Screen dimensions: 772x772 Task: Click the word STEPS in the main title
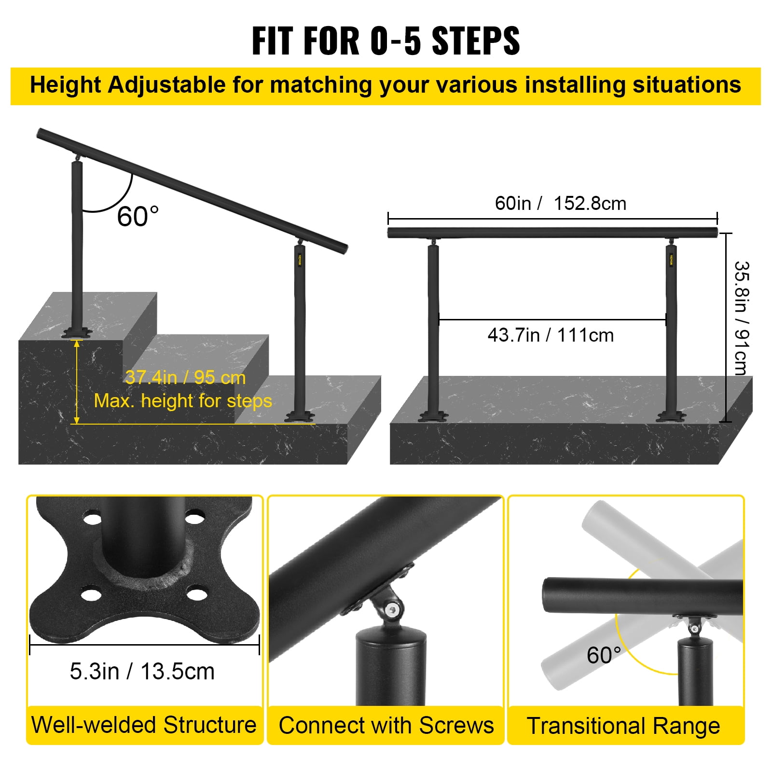(x=475, y=41)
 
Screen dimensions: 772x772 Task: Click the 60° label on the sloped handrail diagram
(x=138, y=216)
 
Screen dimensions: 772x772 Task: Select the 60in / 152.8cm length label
(x=560, y=203)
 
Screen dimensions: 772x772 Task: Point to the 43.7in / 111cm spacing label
(x=551, y=335)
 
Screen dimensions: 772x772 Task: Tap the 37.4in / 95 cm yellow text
(x=185, y=377)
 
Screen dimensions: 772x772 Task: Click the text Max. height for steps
(x=183, y=400)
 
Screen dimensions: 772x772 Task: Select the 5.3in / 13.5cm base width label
(x=142, y=671)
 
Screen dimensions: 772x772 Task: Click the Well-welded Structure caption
(x=144, y=725)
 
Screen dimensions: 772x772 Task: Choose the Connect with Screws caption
(x=386, y=725)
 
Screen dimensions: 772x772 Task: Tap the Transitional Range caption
(x=623, y=726)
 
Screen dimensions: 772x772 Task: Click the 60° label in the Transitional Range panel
(x=603, y=655)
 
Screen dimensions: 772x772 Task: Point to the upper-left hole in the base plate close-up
(x=92, y=520)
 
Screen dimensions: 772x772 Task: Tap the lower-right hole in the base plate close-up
(x=196, y=593)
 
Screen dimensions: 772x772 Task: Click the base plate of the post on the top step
(x=76, y=333)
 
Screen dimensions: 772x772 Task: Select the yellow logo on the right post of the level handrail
(x=671, y=260)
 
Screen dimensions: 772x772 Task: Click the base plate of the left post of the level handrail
(x=433, y=416)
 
